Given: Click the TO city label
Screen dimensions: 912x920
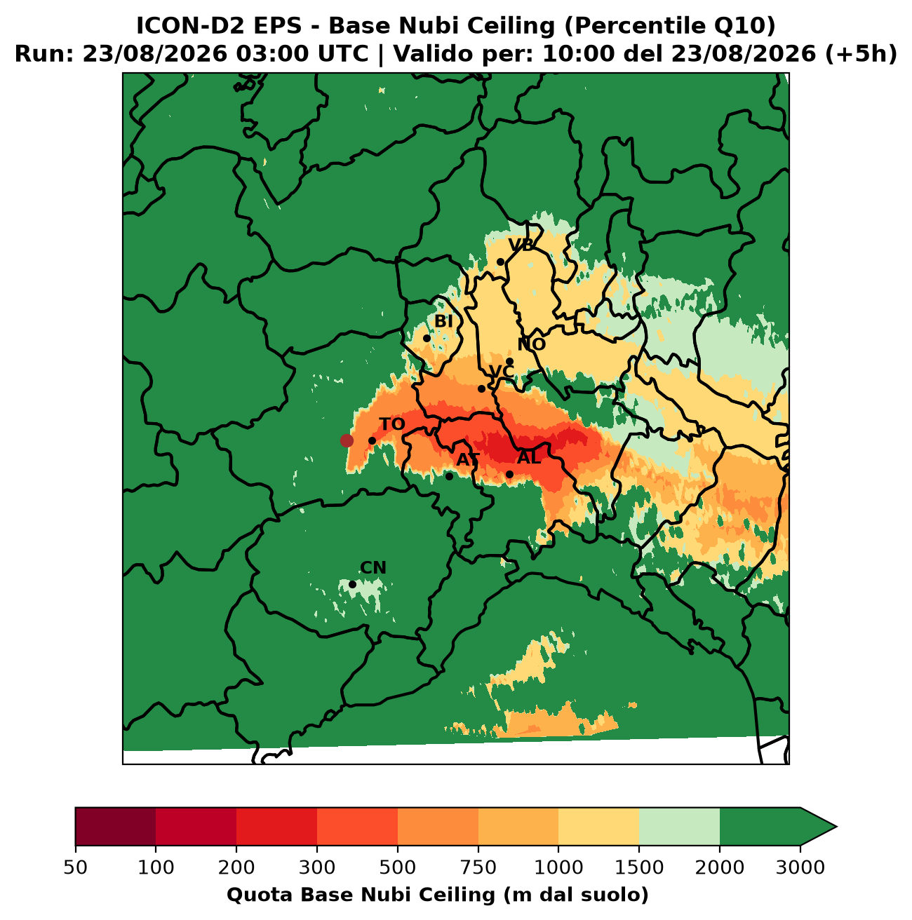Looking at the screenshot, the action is pyautogui.click(x=391, y=424).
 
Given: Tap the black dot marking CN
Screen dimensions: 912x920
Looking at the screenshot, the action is pyautogui.click(x=353, y=584).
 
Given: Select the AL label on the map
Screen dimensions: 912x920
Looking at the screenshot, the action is pyautogui.click(x=528, y=458).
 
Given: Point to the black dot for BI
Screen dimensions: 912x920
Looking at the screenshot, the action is pyautogui.click(x=427, y=339).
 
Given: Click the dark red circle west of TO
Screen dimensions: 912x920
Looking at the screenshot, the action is pyautogui.click(x=347, y=440).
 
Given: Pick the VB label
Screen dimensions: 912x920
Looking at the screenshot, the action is pyautogui.click(x=521, y=245).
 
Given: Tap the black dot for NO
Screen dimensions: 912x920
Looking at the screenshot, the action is pyautogui.click(x=509, y=361).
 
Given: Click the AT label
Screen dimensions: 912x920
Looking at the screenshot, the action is pyautogui.click(x=468, y=460).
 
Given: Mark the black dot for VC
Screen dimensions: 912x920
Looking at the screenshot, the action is pyautogui.click(x=481, y=388).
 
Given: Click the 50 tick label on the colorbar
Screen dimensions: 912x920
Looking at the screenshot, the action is pyautogui.click(x=76, y=867).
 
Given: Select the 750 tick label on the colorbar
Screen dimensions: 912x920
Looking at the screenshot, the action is pyautogui.click(x=478, y=867).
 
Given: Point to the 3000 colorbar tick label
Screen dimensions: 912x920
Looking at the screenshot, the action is pyautogui.click(x=800, y=867).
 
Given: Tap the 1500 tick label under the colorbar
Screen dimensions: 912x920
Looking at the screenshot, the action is pyautogui.click(x=639, y=867).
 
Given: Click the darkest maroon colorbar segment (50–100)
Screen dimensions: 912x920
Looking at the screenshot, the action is pyautogui.click(x=116, y=827).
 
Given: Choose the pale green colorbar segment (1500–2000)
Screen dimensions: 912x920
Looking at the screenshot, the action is pyautogui.click(x=679, y=827).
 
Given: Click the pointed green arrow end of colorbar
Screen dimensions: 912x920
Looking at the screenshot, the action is pyautogui.click(x=818, y=827).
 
